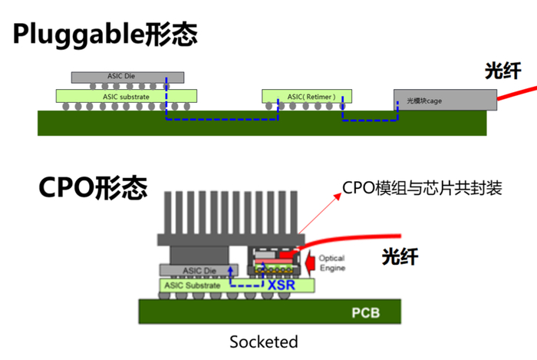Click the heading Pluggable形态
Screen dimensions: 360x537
click(x=104, y=34)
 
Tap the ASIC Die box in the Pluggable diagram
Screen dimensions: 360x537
click(x=127, y=77)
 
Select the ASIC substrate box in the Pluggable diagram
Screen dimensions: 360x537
click(x=127, y=97)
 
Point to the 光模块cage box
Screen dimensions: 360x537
click(x=445, y=100)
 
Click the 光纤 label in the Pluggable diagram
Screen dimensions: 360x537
click(x=503, y=71)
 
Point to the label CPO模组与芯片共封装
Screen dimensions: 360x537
click(x=422, y=187)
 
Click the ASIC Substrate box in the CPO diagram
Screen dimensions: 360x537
click(x=198, y=285)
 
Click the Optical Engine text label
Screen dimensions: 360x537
click(x=331, y=263)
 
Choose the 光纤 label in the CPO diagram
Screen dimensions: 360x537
click(x=400, y=256)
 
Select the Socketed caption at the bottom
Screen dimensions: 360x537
click(x=263, y=341)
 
